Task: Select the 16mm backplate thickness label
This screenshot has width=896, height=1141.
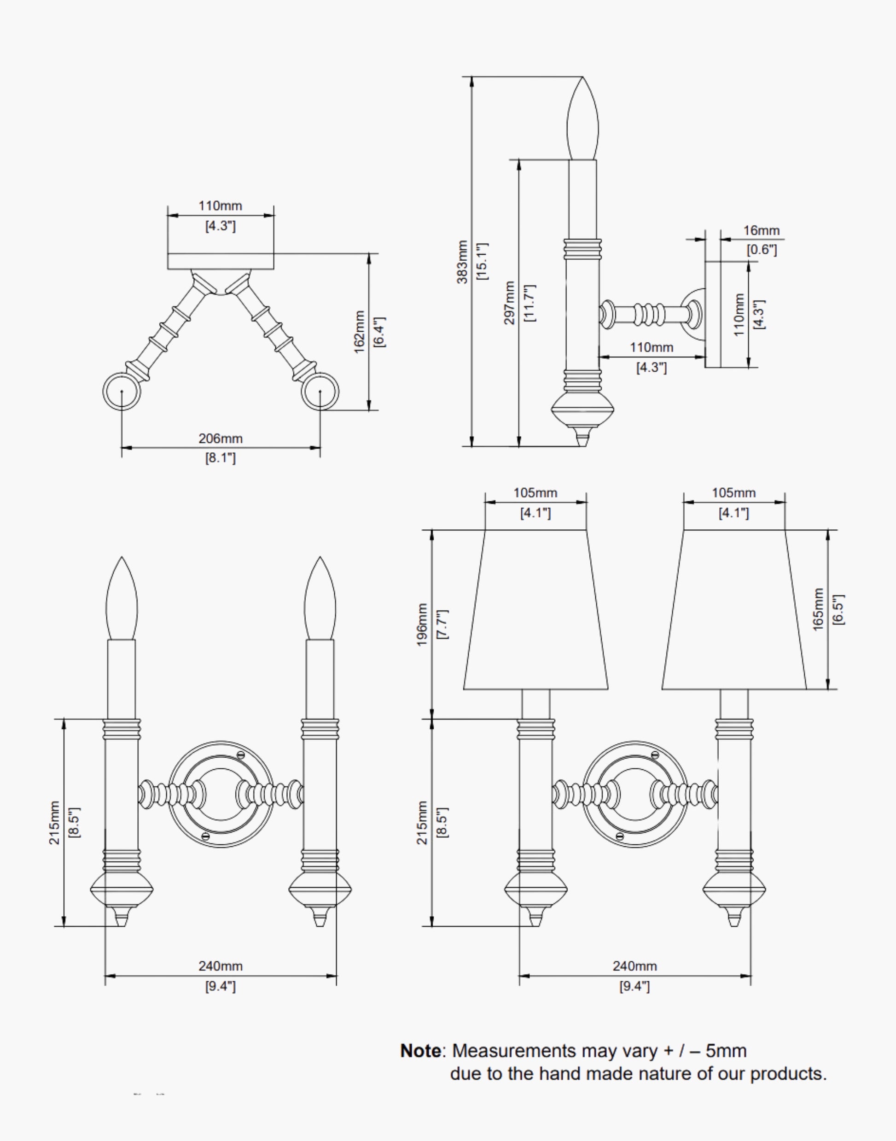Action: coord(761,230)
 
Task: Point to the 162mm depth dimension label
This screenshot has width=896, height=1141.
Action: coord(359,332)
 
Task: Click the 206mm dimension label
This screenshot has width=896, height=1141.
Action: coord(221,438)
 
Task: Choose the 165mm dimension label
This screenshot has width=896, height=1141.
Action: coord(818,609)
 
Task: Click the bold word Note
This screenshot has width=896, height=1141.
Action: coord(421,1051)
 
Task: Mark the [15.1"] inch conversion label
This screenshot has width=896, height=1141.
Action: coord(482,261)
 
